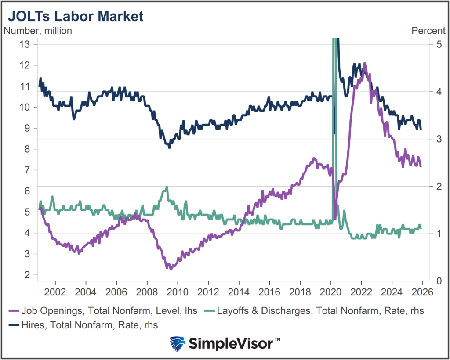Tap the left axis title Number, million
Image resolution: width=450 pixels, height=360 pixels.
(38, 31)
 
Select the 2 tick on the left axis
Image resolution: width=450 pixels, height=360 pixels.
(28, 275)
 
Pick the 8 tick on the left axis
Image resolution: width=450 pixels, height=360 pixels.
(28, 149)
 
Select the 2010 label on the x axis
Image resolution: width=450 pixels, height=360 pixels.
(177, 292)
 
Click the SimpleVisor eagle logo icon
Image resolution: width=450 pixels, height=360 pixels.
(177, 343)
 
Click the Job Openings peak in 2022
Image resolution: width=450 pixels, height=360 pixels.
(364, 64)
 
